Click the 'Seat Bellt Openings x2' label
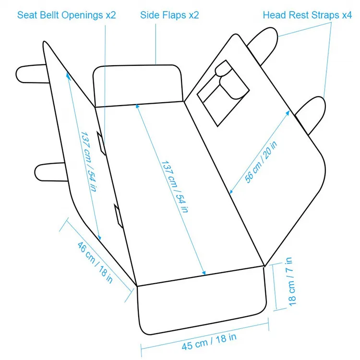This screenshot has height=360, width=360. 67,14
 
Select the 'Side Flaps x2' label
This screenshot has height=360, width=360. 169,14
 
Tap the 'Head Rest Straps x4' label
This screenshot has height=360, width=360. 307,14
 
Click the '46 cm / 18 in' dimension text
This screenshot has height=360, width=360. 96,262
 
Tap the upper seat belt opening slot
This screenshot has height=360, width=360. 101,143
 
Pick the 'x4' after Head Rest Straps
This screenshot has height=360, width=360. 346,14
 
